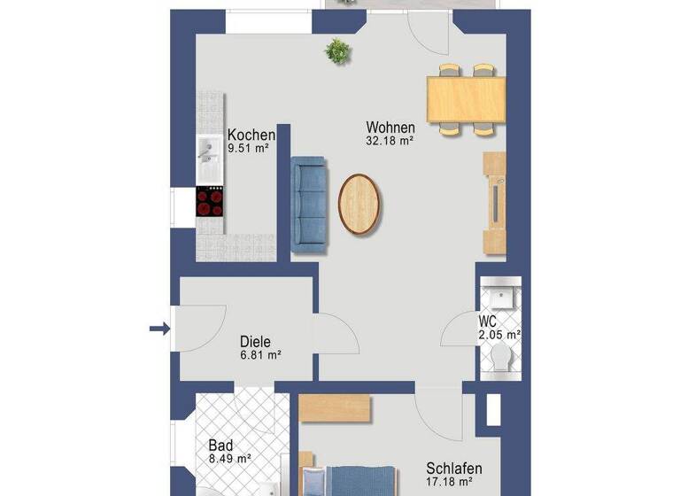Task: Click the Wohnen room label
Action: point(390,128)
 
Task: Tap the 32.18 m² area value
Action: point(390,140)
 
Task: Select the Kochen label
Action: point(251,136)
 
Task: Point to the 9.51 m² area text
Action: point(248,149)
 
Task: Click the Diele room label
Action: point(255,341)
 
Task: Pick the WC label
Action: point(488,321)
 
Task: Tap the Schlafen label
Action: point(454,469)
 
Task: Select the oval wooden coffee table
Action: point(362,204)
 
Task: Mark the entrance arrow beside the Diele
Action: point(159,329)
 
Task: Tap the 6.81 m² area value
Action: point(260,355)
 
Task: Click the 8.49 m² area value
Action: point(229,459)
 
